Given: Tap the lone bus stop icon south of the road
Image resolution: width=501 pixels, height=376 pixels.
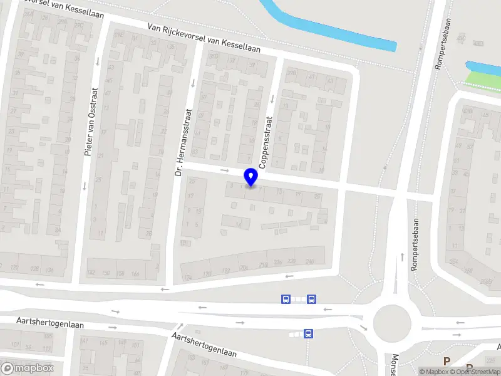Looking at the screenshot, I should (x=308, y=334).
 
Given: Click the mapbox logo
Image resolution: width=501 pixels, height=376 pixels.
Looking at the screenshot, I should (x=28, y=368).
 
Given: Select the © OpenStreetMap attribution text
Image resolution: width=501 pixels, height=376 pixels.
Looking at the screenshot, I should (x=479, y=372).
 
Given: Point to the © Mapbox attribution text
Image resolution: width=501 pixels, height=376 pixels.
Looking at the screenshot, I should (x=435, y=372).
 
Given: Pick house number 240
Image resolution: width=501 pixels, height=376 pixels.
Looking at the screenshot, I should (x=309, y=261).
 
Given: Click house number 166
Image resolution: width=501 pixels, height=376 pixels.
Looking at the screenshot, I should (x=135, y=273).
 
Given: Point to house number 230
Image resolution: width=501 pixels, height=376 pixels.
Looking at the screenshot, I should (x=292, y=262).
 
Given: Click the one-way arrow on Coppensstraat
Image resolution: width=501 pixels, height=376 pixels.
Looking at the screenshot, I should (x=272, y=98).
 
